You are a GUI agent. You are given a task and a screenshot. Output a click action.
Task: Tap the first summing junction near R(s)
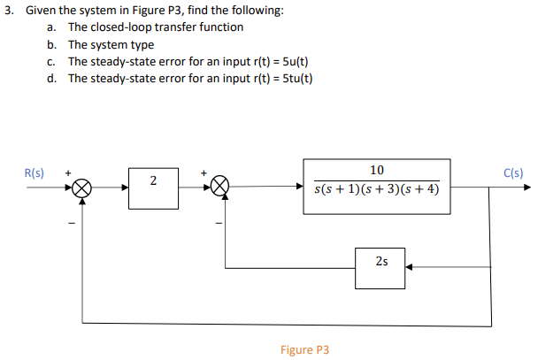point(82,188)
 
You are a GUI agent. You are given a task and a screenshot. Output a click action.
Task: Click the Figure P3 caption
point(304,350)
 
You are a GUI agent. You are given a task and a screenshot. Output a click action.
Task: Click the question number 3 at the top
point(7,11)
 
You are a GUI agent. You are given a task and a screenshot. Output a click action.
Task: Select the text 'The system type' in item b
point(111,44)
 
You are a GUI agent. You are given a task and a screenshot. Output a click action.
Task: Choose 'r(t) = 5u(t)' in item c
point(275,61)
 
